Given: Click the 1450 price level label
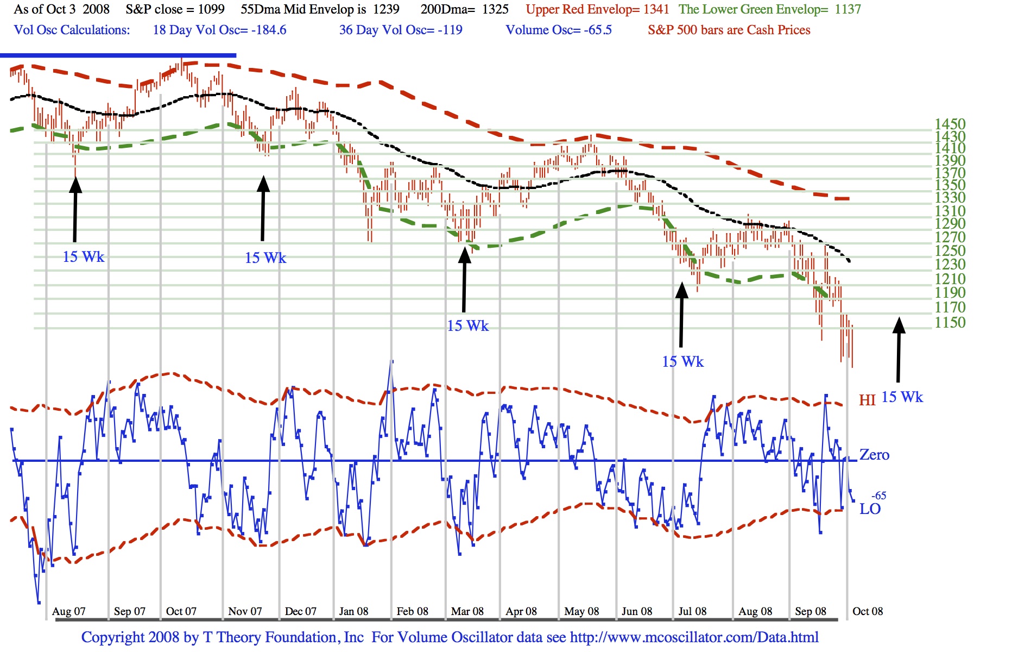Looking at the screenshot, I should [950, 124].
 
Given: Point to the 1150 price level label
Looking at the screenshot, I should [950, 322].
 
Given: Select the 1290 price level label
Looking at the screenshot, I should [950, 223].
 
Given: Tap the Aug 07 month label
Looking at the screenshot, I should [68, 611].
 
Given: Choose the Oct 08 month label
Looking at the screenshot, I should [868, 611].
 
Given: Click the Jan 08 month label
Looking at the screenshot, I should [353, 611].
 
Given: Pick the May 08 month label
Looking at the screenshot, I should [581, 611].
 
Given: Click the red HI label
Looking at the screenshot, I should [867, 400].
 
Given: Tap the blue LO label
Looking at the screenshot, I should [870, 509].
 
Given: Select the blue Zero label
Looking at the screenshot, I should [874, 455].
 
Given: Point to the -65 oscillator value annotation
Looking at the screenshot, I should [878, 496].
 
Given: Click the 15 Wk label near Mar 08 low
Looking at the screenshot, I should [467, 326].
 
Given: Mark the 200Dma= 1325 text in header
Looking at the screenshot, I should [465, 9].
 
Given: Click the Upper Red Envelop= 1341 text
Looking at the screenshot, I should [597, 9].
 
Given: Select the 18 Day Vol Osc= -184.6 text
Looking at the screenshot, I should [219, 30].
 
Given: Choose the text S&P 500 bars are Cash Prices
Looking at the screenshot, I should [729, 30].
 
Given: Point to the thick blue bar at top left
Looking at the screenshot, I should [118, 55].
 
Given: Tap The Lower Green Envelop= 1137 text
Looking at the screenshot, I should [770, 9].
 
